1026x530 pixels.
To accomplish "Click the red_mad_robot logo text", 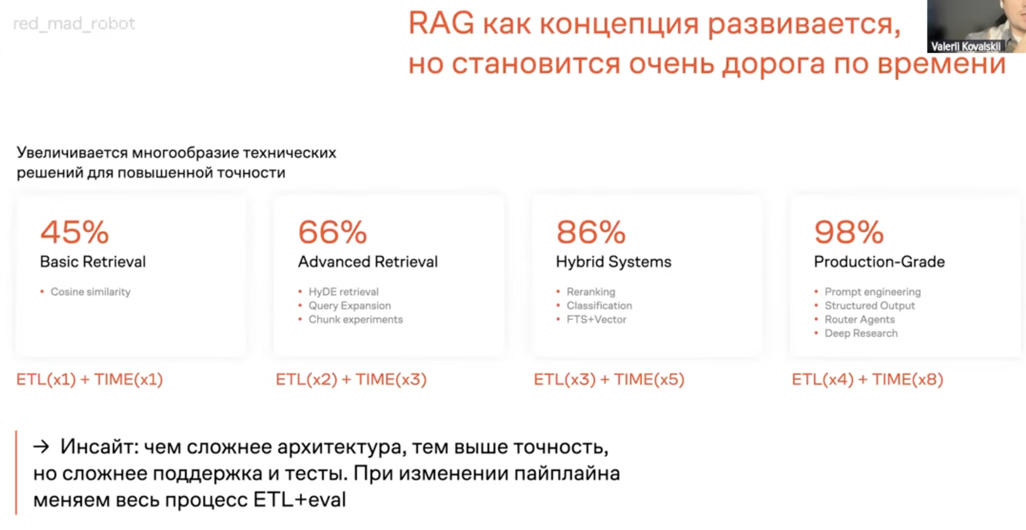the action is point(74,24).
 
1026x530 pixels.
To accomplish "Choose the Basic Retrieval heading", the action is point(93,262).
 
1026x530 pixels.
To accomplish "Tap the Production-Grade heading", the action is point(880,262).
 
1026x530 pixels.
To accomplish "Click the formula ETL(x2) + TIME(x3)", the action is point(351,379).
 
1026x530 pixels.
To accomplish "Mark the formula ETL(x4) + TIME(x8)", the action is point(868,379).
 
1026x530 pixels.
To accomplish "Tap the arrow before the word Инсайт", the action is point(41,447).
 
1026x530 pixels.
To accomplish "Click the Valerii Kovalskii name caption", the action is point(965,47).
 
